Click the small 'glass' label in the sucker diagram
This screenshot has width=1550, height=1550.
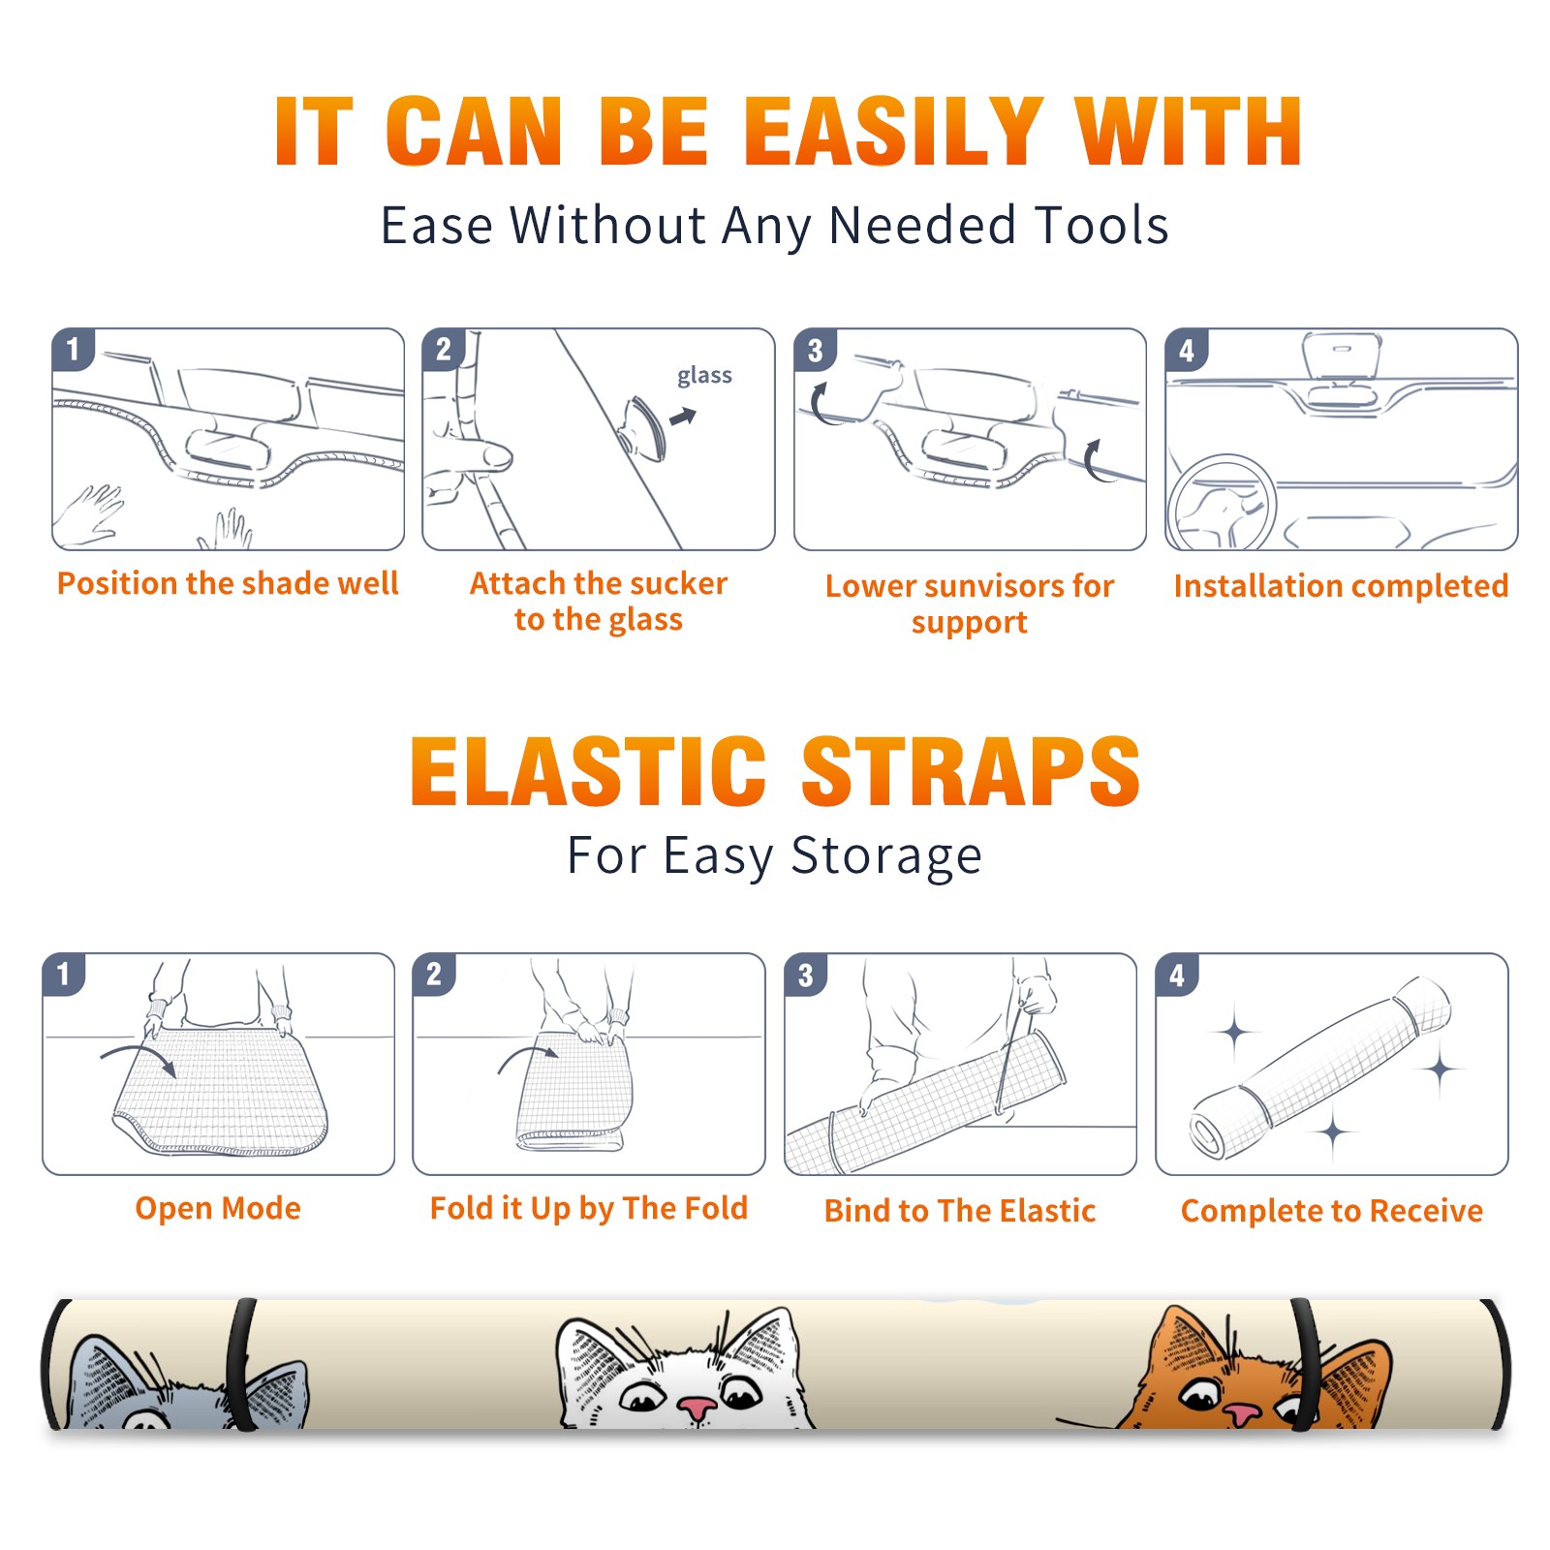click(704, 376)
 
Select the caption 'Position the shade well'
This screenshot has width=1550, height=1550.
click(228, 583)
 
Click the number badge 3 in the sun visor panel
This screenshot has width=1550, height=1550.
click(815, 350)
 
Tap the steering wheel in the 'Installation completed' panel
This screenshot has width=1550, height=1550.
click(1222, 504)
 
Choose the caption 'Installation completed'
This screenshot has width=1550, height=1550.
click(1341, 585)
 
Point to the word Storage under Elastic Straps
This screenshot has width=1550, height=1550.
click(886, 856)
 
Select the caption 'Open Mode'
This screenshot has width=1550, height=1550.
click(218, 1208)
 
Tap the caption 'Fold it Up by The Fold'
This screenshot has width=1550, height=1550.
click(589, 1208)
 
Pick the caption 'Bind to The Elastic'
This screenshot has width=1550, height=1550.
click(960, 1211)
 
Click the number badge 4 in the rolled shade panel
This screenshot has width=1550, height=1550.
click(1177, 975)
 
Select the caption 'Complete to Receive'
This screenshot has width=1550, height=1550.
click(1332, 1211)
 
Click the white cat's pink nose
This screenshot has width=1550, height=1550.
click(697, 1408)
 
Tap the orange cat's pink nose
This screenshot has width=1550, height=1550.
click(1241, 1413)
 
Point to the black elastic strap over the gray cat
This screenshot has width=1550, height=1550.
click(241, 1365)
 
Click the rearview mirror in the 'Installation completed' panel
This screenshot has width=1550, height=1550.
click(1342, 358)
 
